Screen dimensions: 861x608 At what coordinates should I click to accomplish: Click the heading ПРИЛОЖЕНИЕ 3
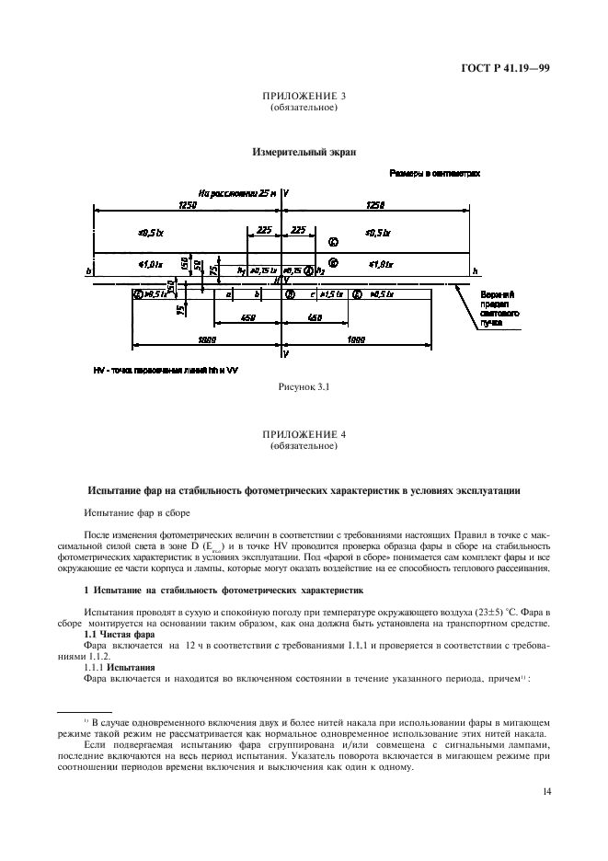(x=304, y=96)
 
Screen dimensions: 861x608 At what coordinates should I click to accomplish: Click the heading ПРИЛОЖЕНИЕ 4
(x=304, y=433)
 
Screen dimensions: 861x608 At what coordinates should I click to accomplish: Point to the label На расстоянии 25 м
(x=238, y=193)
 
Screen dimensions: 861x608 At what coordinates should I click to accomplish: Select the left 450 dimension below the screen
(x=247, y=318)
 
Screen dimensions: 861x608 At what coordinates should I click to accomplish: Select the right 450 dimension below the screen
(x=315, y=318)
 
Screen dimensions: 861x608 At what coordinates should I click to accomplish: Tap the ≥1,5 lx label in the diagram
(x=333, y=294)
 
